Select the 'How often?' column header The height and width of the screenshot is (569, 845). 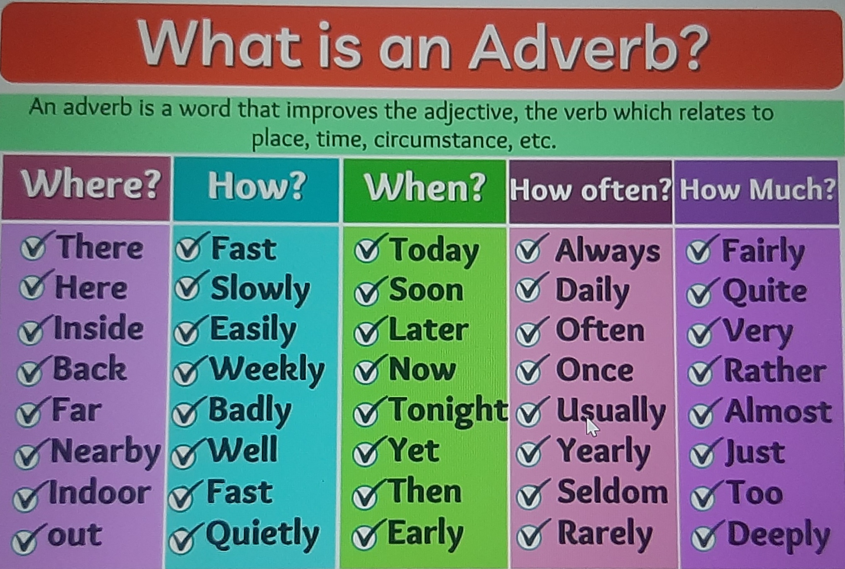tap(590, 190)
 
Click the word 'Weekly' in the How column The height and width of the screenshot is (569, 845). tap(267, 369)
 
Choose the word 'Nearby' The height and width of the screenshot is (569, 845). tap(106, 451)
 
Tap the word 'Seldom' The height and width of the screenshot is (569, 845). tap(613, 492)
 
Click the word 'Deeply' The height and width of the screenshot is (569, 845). tap(779, 536)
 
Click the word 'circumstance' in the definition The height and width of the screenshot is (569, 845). tap(440, 140)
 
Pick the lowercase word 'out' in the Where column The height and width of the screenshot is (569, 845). tap(75, 535)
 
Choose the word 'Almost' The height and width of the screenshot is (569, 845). tap(778, 412)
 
